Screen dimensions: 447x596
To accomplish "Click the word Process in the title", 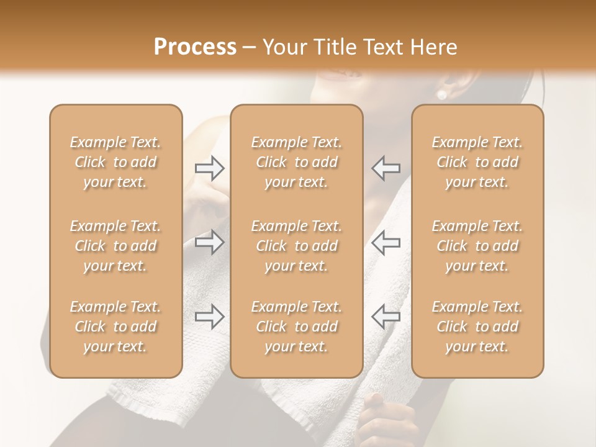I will click(195, 47).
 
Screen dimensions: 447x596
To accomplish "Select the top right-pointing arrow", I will click(209, 168).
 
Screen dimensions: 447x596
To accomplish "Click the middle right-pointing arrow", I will click(209, 242).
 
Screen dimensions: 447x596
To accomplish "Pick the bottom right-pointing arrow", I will click(209, 317).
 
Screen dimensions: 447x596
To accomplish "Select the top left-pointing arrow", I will click(386, 168).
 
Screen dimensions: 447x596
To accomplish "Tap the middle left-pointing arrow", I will click(386, 242).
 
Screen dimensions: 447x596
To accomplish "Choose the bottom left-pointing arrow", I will click(386, 317).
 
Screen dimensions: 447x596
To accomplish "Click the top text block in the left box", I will click(115, 162).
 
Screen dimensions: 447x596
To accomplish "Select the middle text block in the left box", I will click(115, 246).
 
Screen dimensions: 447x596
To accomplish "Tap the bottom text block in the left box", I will click(115, 327).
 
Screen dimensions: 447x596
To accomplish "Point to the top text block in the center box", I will click(296, 162).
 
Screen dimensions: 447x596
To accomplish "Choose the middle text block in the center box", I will click(296, 246).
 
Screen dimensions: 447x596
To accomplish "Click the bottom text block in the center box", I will click(296, 327).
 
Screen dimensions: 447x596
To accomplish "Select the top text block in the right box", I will click(477, 162).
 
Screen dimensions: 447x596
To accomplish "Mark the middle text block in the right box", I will click(477, 246).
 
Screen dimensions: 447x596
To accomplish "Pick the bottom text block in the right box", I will click(477, 327).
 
